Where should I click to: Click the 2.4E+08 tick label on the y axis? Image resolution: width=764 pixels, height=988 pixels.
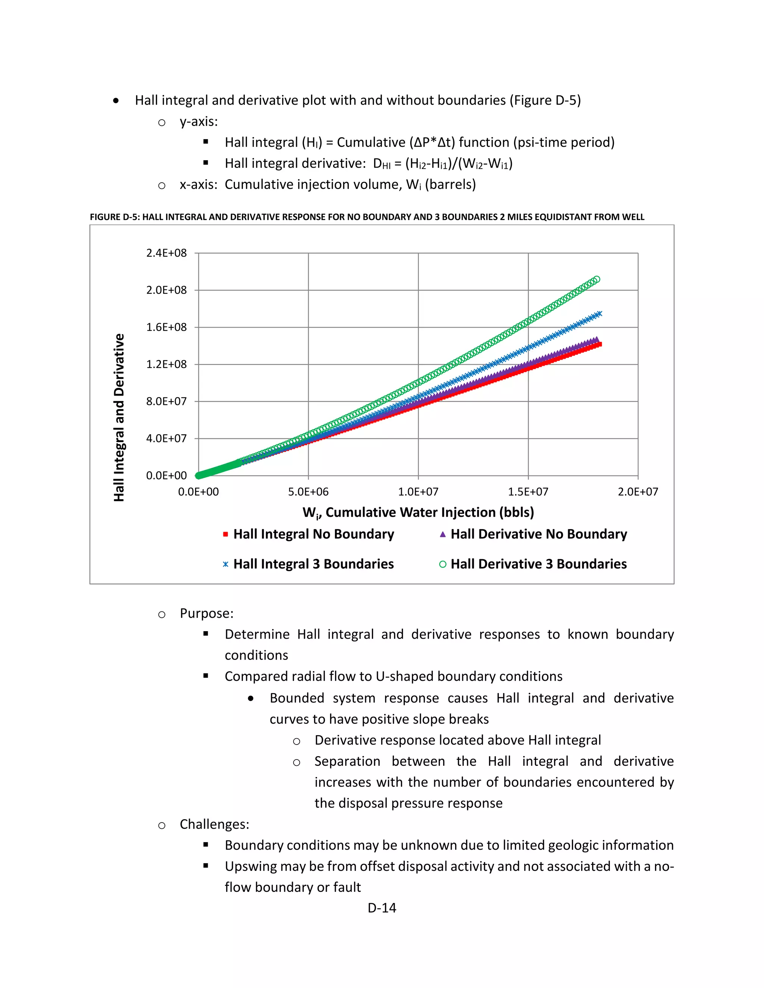pyautogui.click(x=166, y=253)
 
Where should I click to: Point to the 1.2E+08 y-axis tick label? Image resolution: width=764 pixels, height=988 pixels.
pyautogui.click(x=166, y=364)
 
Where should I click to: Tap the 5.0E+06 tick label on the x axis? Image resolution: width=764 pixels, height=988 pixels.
pyautogui.click(x=308, y=492)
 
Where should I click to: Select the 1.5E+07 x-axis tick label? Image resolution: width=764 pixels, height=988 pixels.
pyautogui.click(x=528, y=492)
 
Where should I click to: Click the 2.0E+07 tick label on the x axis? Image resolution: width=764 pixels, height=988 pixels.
pyautogui.click(x=638, y=492)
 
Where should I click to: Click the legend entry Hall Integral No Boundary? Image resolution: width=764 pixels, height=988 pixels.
pyautogui.click(x=313, y=534)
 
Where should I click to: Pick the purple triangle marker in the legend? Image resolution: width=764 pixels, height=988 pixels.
pyautogui.click(x=443, y=534)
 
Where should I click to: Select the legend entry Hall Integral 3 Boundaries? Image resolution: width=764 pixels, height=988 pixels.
pyautogui.click(x=313, y=564)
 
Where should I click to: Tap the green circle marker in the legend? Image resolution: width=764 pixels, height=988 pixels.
pyautogui.click(x=443, y=564)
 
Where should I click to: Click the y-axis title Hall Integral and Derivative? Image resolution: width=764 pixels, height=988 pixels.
pyautogui.click(x=119, y=417)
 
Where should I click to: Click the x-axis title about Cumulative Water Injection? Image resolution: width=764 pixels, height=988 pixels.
pyautogui.click(x=418, y=513)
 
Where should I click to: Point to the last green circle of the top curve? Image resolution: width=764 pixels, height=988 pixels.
pyautogui.click(x=597, y=280)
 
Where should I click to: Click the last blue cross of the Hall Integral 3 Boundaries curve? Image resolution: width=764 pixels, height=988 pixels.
pyautogui.click(x=599, y=314)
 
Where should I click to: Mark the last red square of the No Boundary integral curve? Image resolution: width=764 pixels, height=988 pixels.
pyautogui.click(x=599, y=345)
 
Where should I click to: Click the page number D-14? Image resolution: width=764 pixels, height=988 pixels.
pyautogui.click(x=382, y=908)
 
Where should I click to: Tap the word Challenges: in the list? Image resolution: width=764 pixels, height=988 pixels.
pyautogui.click(x=214, y=824)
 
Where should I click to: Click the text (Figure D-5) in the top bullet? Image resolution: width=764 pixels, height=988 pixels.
pyautogui.click(x=545, y=100)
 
